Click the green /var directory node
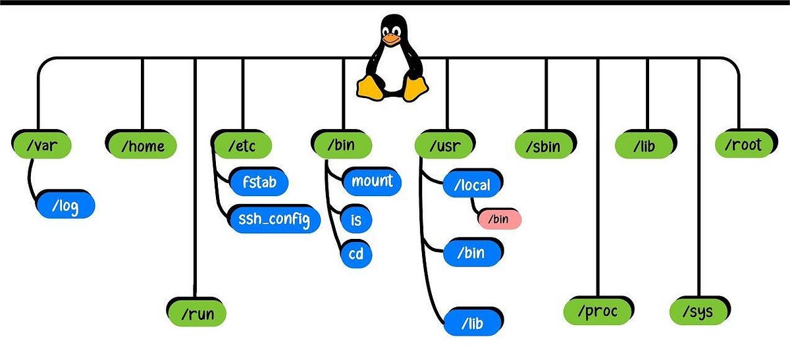[x=40, y=144]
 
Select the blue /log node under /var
[x=65, y=205]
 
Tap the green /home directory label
[x=141, y=144]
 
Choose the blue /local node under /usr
[x=472, y=185]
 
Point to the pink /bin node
[x=499, y=219]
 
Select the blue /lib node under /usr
[x=472, y=322]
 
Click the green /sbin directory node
[x=546, y=144]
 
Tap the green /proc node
[x=598, y=311]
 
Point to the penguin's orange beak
[x=392, y=39]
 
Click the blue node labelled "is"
[x=355, y=218]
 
